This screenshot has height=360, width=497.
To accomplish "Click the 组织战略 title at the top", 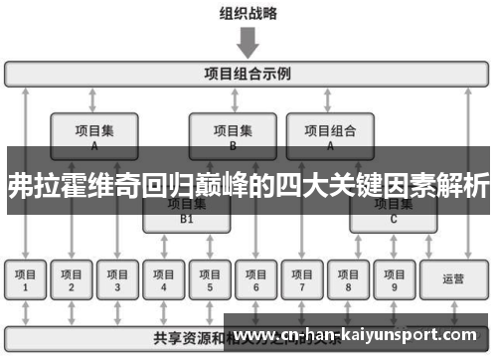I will pyautogui.click(x=248, y=14).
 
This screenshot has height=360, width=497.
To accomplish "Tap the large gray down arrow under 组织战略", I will pyautogui.click(x=248, y=42).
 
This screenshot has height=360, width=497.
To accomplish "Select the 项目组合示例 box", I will pyautogui.click(x=248, y=73).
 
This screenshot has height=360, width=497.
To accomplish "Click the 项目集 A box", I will pyautogui.click(x=94, y=135).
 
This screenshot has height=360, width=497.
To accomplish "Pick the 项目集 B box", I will pyautogui.click(x=233, y=135).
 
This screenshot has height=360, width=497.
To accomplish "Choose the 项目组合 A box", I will pyautogui.click(x=331, y=135).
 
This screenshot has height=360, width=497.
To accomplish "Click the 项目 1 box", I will pyautogui.click(x=26, y=279).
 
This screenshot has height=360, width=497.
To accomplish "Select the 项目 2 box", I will pyautogui.click(x=72, y=279).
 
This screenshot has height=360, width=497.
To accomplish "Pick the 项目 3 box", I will pyautogui.click(x=117, y=279).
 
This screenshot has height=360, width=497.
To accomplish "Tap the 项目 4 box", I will pyautogui.click(x=164, y=279).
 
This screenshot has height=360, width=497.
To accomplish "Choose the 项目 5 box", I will pyautogui.click(x=210, y=279).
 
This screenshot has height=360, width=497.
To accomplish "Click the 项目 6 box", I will pyautogui.click(x=255, y=279).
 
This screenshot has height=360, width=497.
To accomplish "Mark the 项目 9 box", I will pyautogui.click(x=394, y=279).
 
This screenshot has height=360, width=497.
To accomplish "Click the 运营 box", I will pyautogui.click(x=453, y=279).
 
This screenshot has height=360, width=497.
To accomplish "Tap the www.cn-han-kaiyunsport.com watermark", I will pyautogui.click(x=359, y=335).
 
